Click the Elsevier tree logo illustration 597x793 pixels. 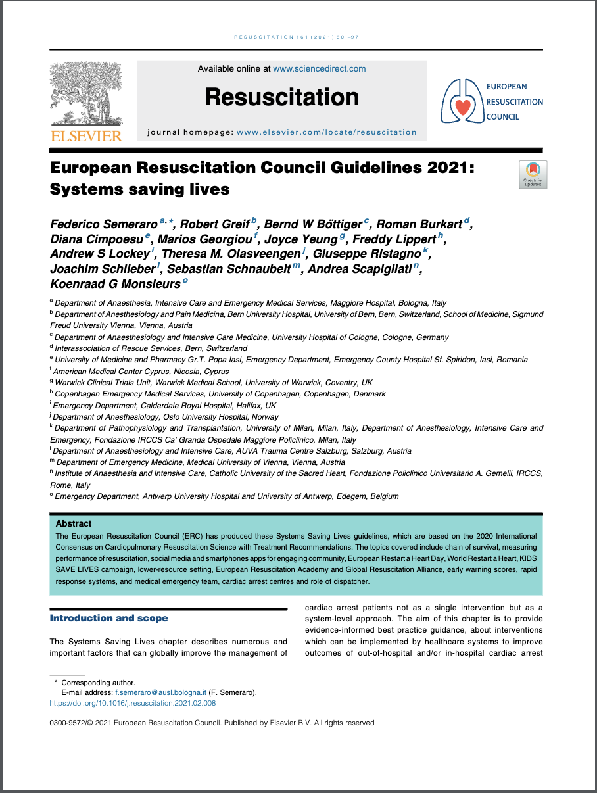86,94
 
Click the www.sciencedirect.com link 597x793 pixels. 319,68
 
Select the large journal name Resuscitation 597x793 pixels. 281,97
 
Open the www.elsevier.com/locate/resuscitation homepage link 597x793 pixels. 326,132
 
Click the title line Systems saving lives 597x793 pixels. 139,189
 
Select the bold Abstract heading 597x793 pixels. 74,524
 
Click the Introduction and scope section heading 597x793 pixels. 108,618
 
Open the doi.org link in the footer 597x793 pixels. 132,703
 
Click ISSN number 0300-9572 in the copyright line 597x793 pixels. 68,723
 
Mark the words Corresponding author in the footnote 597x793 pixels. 98,683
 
